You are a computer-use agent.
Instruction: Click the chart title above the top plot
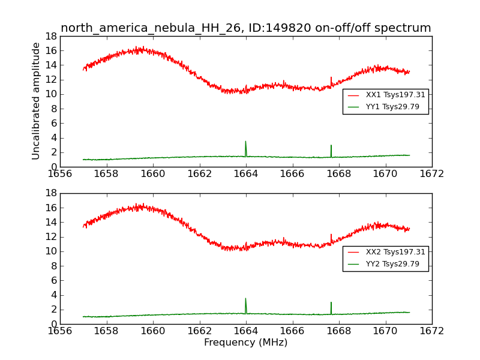click(245, 28)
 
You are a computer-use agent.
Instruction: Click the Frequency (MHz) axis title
click(245, 343)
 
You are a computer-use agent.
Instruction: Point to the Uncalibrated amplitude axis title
click(36, 101)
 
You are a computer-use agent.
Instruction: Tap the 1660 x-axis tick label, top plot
click(152, 174)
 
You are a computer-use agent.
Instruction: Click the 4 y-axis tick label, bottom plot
click(54, 295)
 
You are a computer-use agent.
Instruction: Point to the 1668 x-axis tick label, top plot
click(338, 174)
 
